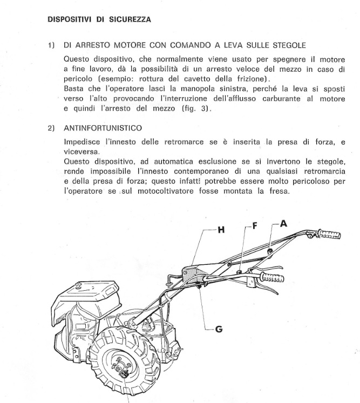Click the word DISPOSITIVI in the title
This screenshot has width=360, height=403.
click(x=70, y=19)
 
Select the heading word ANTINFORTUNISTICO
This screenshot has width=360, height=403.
click(x=103, y=128)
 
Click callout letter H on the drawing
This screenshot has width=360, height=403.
click(x=220, y=230)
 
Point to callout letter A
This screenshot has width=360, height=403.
click(x=284, y=222)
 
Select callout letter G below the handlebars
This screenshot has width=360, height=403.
click(x=219, y=329)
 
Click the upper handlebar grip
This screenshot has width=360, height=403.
click(x=329, y=235)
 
